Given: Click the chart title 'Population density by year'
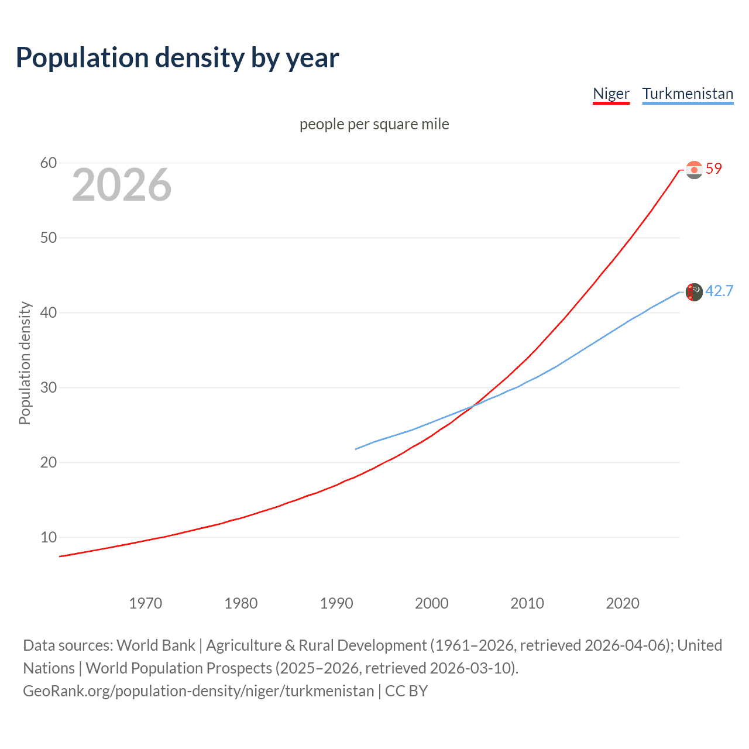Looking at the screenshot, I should pos(177,58).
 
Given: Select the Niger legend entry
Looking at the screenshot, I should pos(611,94).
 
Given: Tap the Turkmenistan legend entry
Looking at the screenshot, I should pos(688,94).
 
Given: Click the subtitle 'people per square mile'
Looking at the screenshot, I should pos(374,124).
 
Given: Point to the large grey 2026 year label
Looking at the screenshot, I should pos(122,185).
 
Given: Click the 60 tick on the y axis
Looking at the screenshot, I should pos(49,163).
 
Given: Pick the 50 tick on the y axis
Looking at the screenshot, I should pos(49,238).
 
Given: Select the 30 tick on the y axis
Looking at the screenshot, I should pos(49,387).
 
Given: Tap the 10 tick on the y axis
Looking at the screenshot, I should pos(49,537).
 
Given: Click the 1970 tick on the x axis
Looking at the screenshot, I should pos(146,603).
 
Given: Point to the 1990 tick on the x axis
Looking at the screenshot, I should pos(336,603).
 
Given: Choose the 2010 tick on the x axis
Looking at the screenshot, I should pos(527,603).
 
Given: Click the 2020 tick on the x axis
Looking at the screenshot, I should pos(623,603).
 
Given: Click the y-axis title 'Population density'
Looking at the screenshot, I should pos(25,363).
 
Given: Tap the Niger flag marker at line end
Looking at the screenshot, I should pos(694,170).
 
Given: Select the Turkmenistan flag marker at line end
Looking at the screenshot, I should pos(694,291).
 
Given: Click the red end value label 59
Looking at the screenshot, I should pos(714,169).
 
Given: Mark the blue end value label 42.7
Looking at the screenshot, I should pos(719,291).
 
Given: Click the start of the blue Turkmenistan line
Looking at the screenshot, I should pos(356,449).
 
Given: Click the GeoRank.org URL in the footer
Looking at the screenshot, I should pos(198,691).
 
